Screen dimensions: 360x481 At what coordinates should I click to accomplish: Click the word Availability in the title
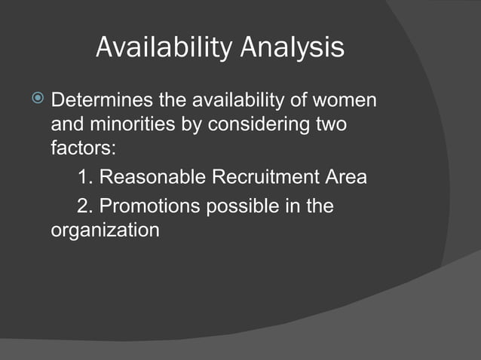click(x=163, y=48)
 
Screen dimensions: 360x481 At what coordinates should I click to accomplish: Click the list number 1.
click(x=84, y=178)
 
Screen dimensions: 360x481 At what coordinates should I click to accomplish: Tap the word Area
click(x=348, y=178)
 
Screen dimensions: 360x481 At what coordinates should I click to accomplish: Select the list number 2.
click(x=84, y=206)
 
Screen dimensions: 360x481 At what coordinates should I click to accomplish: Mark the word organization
click(x=105, y=230)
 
